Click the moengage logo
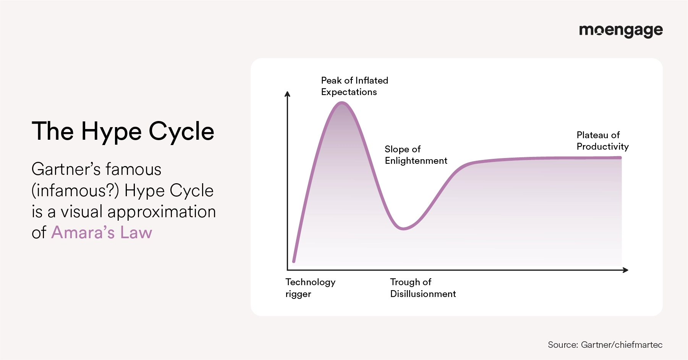point(621,31)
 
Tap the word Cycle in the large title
point(181,132)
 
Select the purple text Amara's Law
point(102,232)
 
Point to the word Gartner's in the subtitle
point(66,169)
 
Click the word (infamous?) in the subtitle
point(75,190)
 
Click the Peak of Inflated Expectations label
point(355,86)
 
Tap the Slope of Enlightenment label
point(416,155)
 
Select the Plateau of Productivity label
point(602,141)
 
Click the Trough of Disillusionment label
point(423,288)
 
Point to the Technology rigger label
point(310,288)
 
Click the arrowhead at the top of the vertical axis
point(288,94)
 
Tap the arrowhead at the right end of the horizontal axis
point(626,270)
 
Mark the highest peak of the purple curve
point(342,103)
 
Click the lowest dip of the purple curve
point(403,229)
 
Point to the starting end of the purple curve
point(294,261)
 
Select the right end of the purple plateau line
point(620,158)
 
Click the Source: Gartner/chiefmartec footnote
point(605,345)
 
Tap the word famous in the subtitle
point(134,169)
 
